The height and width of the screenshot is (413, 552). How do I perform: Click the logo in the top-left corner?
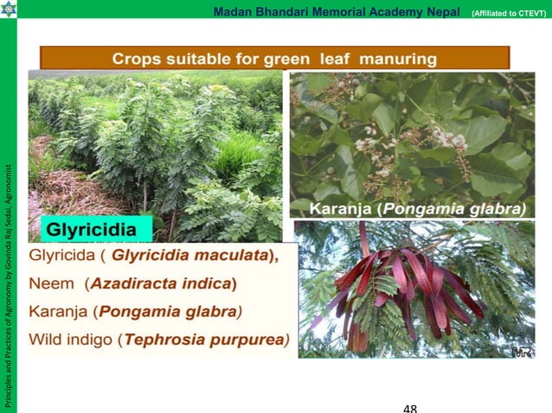9,10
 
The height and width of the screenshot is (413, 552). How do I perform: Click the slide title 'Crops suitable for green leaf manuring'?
274,59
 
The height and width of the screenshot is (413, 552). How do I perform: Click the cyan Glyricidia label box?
96,231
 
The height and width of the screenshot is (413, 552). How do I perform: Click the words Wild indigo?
72,338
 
